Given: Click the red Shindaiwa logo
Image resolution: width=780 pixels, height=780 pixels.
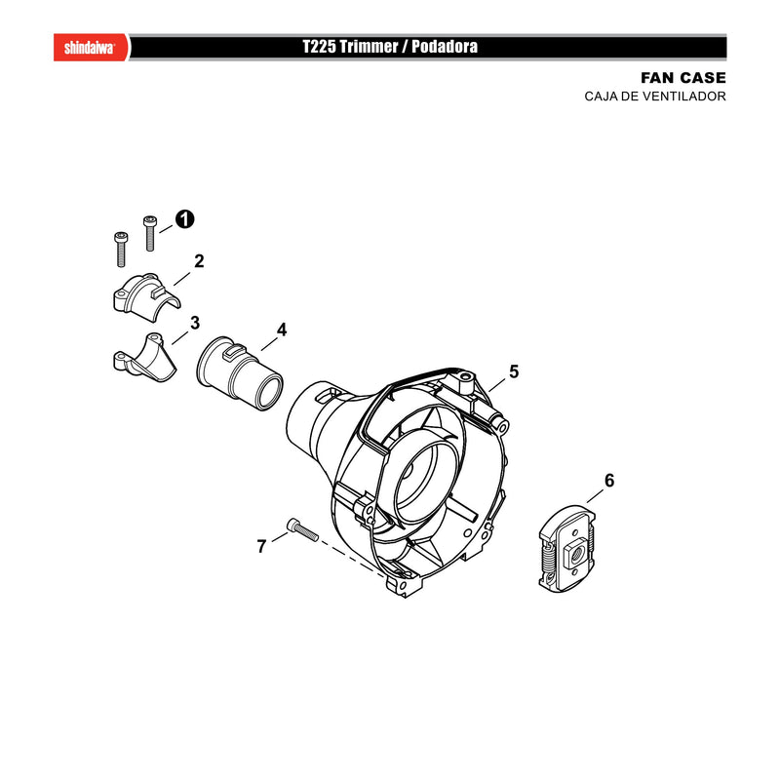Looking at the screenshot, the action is [91, 47].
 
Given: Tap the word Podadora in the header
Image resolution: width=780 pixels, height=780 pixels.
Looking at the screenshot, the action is [445, 47].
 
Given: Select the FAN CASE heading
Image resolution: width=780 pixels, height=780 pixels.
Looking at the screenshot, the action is [683, 78].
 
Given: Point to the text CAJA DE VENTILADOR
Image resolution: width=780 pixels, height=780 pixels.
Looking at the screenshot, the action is [655, 96].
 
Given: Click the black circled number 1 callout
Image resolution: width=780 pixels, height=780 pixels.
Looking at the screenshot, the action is [184, 219].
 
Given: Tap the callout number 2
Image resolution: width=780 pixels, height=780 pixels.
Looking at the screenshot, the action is [199, 261].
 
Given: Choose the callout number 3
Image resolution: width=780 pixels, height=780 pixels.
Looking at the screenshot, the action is [194, 323].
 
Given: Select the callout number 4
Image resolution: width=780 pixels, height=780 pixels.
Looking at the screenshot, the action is [282, 330].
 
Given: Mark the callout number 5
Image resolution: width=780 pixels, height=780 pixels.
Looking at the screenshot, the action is [514, 371].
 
